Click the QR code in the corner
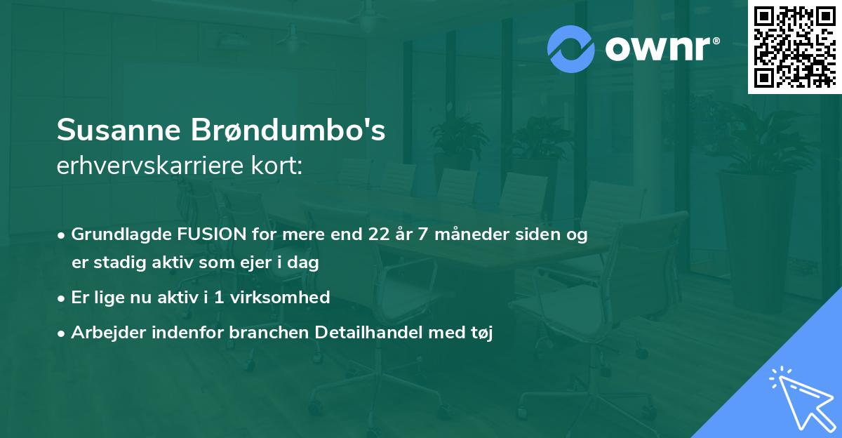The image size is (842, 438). coord(794,47)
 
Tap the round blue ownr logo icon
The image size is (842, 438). coord(570,49)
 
